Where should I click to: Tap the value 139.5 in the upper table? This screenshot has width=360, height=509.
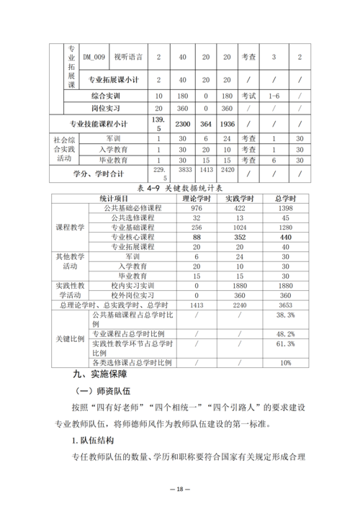159,123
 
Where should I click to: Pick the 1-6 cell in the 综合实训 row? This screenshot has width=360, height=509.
274,95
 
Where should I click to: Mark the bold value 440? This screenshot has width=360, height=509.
285,236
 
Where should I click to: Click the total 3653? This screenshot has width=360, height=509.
285,305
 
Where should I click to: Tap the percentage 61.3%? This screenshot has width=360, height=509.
285,344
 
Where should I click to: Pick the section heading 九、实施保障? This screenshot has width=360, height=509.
99,374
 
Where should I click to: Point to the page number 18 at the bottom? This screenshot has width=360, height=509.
180,489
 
